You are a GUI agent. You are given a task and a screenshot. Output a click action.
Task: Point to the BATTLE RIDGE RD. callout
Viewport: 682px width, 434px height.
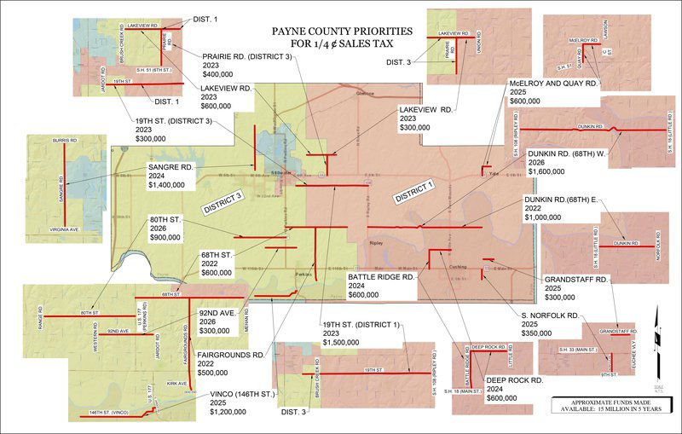click(x=381, y=286)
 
